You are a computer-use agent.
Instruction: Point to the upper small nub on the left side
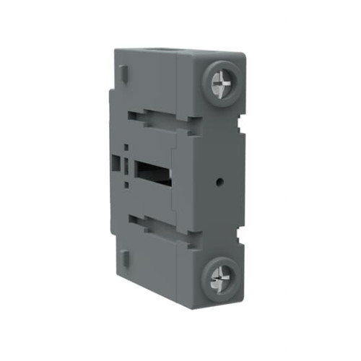point(123,73)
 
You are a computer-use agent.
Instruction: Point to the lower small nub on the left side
point(123,257)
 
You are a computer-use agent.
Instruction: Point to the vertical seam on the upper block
point(176,83)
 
